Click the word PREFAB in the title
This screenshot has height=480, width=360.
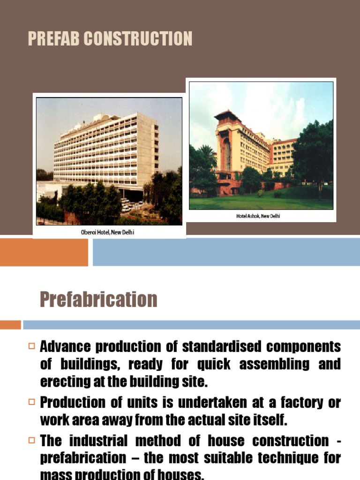coord(53,39)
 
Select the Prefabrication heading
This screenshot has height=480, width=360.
coord(98,299)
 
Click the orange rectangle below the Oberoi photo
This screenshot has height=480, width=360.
coord(44,252)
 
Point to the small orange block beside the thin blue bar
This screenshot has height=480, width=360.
coord(10,325)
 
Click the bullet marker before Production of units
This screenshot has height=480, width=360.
coord(31,402)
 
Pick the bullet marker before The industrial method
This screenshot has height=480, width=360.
coord(31,441)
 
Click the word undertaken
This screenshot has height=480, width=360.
coord(210,402)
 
